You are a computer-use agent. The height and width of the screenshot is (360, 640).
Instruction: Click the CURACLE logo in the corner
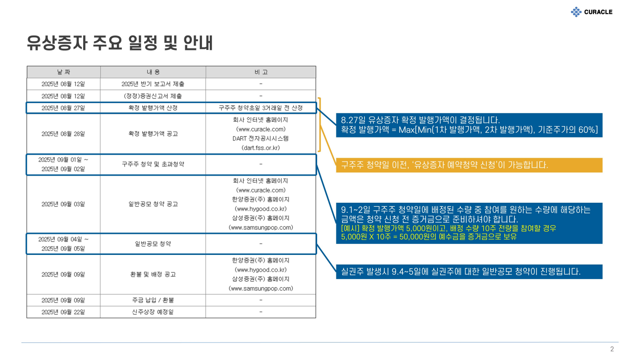pyautogui.click(x=591, y=12)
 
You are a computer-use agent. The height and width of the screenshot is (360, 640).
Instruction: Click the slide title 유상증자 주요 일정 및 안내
pyautogui.click(x=120, y=43)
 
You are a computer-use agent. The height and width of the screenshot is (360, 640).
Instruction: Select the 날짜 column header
pyautogui.click(x=64, y=72)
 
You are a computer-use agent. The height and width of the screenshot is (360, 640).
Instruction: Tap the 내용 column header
pyautogui.click(x=153, y=72)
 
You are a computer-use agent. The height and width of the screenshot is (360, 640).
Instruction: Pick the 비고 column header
pyautogui.click(x=261, y=72)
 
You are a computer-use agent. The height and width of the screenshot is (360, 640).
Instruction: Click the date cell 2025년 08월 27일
pyautogui.click(x=63, y=108)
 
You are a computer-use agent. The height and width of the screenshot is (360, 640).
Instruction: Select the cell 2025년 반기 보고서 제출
pyautogui.click(x=153, y=84)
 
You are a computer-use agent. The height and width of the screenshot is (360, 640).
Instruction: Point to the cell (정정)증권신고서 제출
pyautogui.click(x=153, y=96)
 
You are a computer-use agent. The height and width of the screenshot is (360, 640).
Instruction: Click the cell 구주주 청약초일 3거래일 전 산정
pyautogui.click(x=261, y=108)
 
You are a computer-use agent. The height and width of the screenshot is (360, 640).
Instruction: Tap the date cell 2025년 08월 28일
pyautogui.click(x=63, y=134)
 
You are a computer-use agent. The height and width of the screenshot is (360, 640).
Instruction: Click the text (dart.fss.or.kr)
pyautogui.click(x=261, y=148)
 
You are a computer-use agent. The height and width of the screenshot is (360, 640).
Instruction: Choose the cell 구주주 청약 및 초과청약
pyautogui.click(x=153, y=164)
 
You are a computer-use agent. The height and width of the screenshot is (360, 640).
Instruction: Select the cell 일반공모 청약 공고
pyautogui.click(x=153, y=204)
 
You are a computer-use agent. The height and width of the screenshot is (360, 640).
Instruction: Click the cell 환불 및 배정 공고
pyautogui.click(x=153, y=274)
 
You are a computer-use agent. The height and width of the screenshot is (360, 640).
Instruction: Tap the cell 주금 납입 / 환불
pyautogui.click(x=153, y=300)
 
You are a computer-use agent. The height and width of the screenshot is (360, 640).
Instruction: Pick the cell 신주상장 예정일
pyautogui.click(x=153, y=312)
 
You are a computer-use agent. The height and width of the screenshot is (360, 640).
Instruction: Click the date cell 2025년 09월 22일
pyautogui.click(x=63, y=312)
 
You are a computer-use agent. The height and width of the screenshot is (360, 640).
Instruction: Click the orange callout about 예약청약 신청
pyautogui.click(x=469, y=165)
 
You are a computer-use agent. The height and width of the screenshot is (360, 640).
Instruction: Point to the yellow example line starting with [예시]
pyautogui.click(x=449, y=228)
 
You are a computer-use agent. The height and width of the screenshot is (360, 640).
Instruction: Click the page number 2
pyautogui.click(x=612, y=349)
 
